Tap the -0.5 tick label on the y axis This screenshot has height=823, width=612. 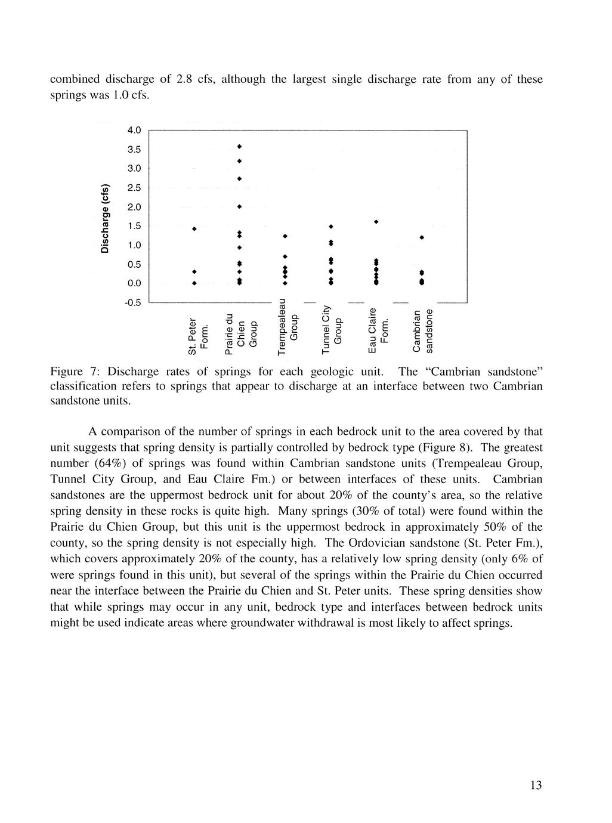coord(133,302)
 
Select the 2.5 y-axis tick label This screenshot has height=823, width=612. coord(134,188)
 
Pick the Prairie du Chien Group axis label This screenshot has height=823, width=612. coord(240,330)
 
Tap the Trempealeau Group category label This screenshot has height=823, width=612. coord(287,326)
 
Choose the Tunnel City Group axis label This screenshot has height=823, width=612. coord(332,329)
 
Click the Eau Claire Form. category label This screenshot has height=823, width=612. coord(378,330)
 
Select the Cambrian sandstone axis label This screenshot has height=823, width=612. coord(423,330)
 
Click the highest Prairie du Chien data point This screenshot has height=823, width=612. coord(239,146)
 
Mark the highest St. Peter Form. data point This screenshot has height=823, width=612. coord(194,228)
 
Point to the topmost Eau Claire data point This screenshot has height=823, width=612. coord(376,222)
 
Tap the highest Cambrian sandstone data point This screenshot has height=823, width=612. coord(422,237)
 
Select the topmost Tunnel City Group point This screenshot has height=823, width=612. coord(330,227)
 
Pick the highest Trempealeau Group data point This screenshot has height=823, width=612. coord(285,237)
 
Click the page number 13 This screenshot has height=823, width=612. coord(536,785)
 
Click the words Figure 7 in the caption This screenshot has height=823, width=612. coord(67,372)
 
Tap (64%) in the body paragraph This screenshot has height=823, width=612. coord(107,463)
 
